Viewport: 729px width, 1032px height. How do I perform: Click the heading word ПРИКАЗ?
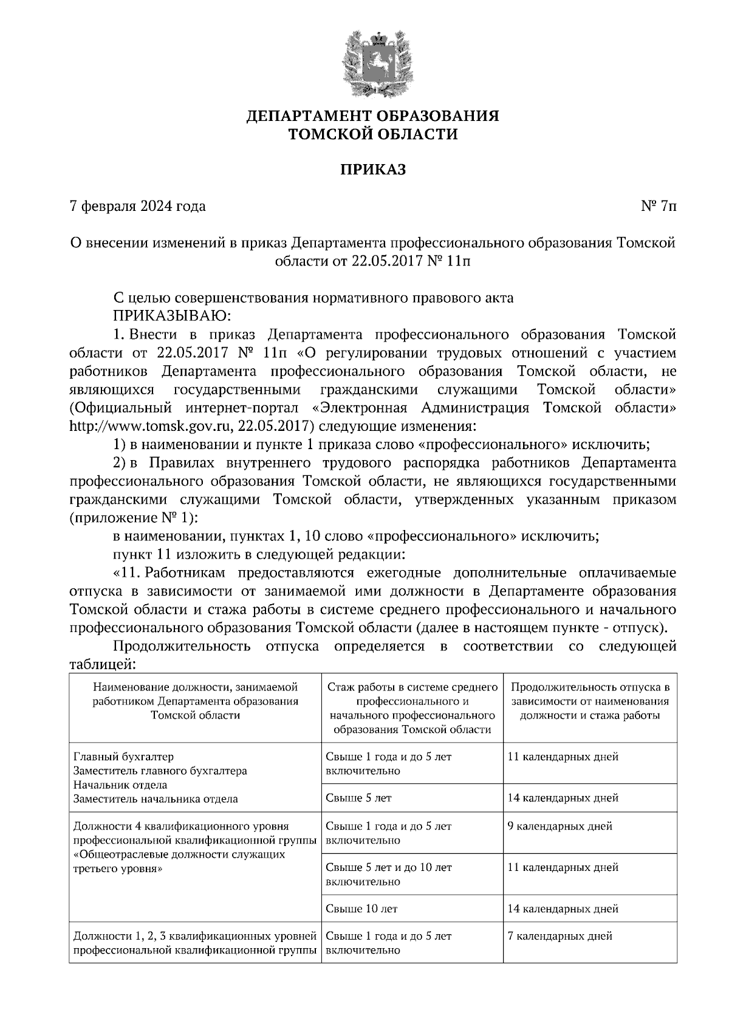(x=372, y=170)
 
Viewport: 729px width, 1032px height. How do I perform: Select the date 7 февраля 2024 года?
(x=138, y=207)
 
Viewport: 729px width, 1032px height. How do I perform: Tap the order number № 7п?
(x=658, y=207)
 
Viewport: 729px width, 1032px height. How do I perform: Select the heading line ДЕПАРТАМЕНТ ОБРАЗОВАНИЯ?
(x=372, y=115)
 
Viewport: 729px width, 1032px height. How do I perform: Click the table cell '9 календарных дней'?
(x=560, y=827)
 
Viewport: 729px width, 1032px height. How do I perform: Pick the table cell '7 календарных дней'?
(x=560, y=937)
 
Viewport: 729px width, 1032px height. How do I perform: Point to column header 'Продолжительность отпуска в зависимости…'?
(x=590, y=701)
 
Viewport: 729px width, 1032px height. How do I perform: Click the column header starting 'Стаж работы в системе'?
(x=412, y=708)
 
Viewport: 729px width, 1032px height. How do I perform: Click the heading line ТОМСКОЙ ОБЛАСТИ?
(x=372, y=134)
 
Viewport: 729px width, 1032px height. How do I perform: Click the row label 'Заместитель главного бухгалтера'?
(x=160, y=771)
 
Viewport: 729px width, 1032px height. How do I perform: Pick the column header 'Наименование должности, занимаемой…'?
(x=195, y=701)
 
